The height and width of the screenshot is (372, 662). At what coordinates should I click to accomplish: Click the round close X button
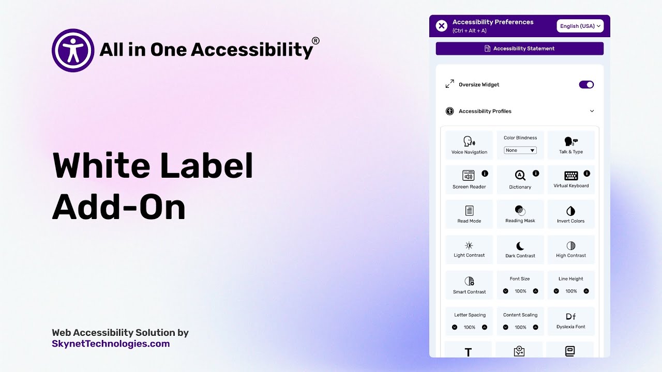pyautogui.click(x=441, y=26)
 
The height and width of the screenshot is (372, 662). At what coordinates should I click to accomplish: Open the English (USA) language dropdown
pyautogui.click(x=580, y=26)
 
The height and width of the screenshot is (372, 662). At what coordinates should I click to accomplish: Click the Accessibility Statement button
pyautogui.click(x=519, y=49)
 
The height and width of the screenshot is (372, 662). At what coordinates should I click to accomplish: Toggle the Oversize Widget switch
pyautogui.click(x=586, y=85)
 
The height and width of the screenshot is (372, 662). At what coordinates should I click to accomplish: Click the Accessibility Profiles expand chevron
pyautogui.click(x=592, y=111)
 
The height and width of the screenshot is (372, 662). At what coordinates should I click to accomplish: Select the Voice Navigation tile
pyautogui.click(x=469, y=145)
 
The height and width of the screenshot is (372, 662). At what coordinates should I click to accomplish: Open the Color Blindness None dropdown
pyautogui.click(x=520, y=150)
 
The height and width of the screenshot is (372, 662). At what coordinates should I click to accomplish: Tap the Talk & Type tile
pyautogui.click(x=571, y=145)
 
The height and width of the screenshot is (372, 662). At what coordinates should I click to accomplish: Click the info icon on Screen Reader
pyautogui.click(x=485, y=174)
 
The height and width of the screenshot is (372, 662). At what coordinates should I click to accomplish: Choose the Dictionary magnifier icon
pyautogui.click(x=520, y=176)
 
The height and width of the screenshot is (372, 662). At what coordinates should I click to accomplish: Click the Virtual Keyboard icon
pyautogui.click(x=571, y=176)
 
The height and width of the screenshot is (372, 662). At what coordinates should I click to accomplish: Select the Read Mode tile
pyautogui.click(x=469, y=214)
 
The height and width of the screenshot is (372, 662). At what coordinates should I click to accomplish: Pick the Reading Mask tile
pyautogui.click(x=520, y=214)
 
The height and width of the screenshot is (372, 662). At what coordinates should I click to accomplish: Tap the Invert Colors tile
pyautogui.click(x=571, y=214)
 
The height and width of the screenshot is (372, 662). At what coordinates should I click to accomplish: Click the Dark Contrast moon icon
pyautogui.click(x=520, y=246)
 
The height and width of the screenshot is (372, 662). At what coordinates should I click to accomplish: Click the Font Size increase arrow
pyautogui.click(x=535, y=291)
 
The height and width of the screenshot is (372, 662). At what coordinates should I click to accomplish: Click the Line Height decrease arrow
pyautogui.click(x=556, y=291)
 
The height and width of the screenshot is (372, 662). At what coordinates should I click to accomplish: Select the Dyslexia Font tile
pyautogui.click(x=571, y=321)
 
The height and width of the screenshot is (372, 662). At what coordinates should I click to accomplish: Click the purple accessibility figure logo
pyautogui.click(x=73, y=50)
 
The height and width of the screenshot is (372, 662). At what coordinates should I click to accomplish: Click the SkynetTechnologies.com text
pyautogui.click(x=111, y=344)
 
